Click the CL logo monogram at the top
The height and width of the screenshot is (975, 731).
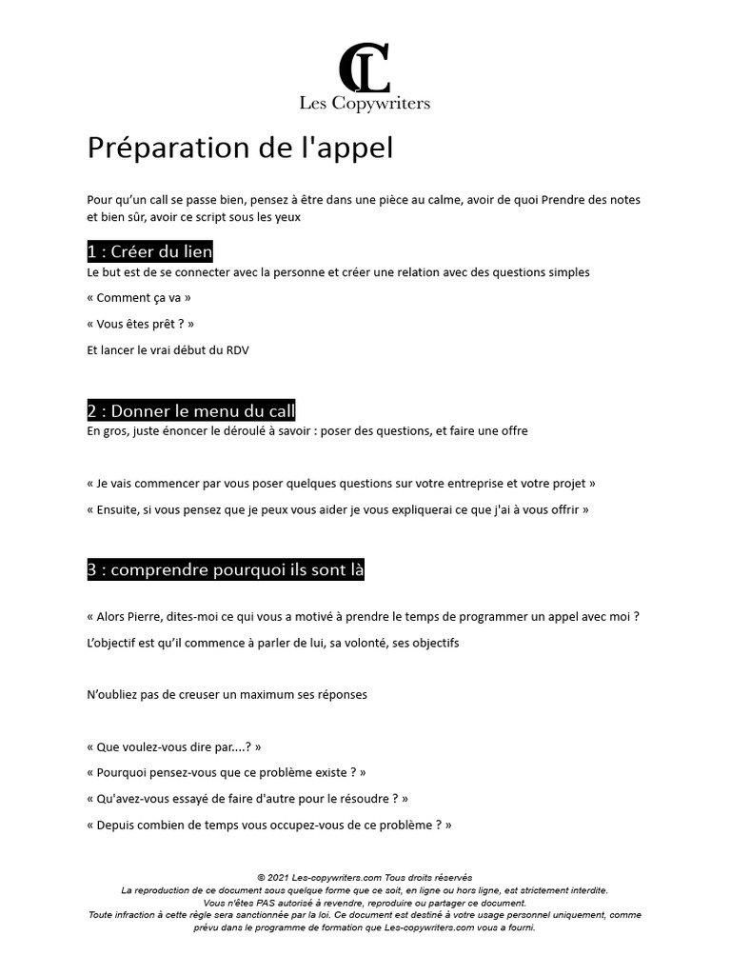point(365,68)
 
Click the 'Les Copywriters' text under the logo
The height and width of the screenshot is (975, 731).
point(365,103)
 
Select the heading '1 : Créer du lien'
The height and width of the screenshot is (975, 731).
point(149,251)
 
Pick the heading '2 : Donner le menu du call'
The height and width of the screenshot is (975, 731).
point(190,410)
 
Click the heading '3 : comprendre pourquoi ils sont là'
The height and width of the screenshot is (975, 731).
point(226,569)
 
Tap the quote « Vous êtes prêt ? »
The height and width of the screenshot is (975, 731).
point(140,324)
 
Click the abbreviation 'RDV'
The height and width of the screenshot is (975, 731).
point(237,350)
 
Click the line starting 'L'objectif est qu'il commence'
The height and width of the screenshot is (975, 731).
point(272,643)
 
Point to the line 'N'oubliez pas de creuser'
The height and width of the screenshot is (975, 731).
point(227,694)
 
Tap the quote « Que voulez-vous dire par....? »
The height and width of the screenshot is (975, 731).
point(173,746)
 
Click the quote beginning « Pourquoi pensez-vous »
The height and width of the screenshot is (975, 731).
point(226,772)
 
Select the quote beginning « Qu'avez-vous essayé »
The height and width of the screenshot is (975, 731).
point(247,798)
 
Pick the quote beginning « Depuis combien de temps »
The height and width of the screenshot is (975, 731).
point(268,825)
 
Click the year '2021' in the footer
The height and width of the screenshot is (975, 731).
point(279,877)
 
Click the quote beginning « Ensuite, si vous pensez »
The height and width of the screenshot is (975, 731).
point(337,509)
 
